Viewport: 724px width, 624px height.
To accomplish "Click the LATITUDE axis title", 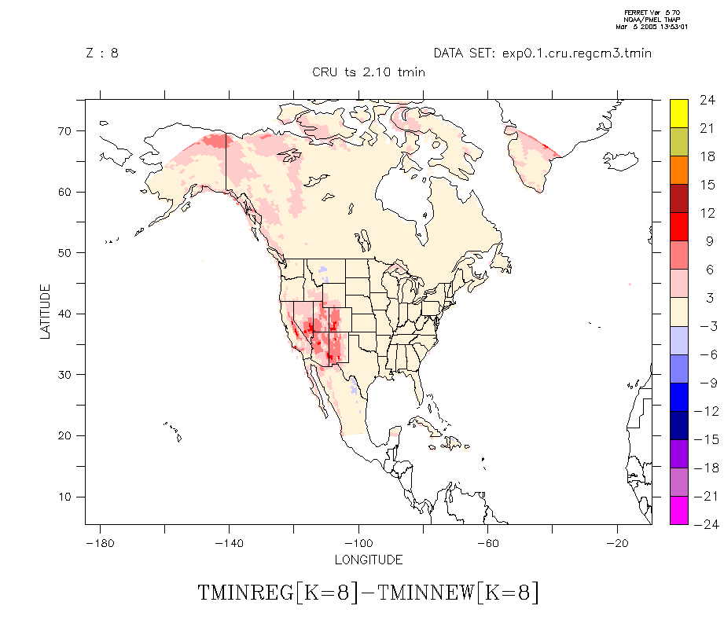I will coord(46,312).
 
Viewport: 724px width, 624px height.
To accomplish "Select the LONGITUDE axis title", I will coord(369,560).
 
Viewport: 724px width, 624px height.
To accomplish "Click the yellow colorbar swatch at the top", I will coord(679,112).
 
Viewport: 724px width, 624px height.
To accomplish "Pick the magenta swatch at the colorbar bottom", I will coord(679,510).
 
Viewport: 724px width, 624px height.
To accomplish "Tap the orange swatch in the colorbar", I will coord(679,169).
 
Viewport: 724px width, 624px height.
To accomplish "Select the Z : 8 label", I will coord(102,53).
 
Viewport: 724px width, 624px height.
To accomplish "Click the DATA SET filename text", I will coord(542,53).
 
